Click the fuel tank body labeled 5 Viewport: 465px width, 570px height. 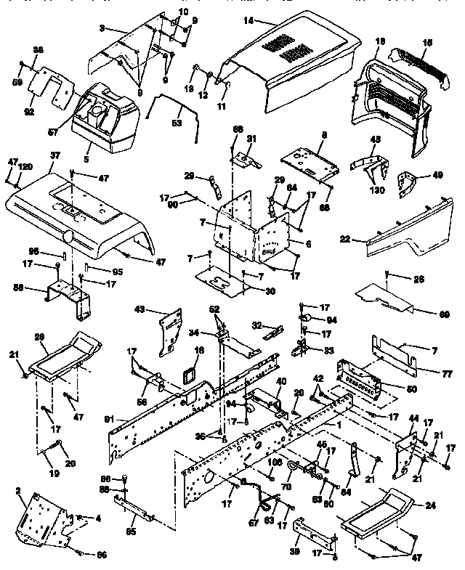(x=102, y=127)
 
